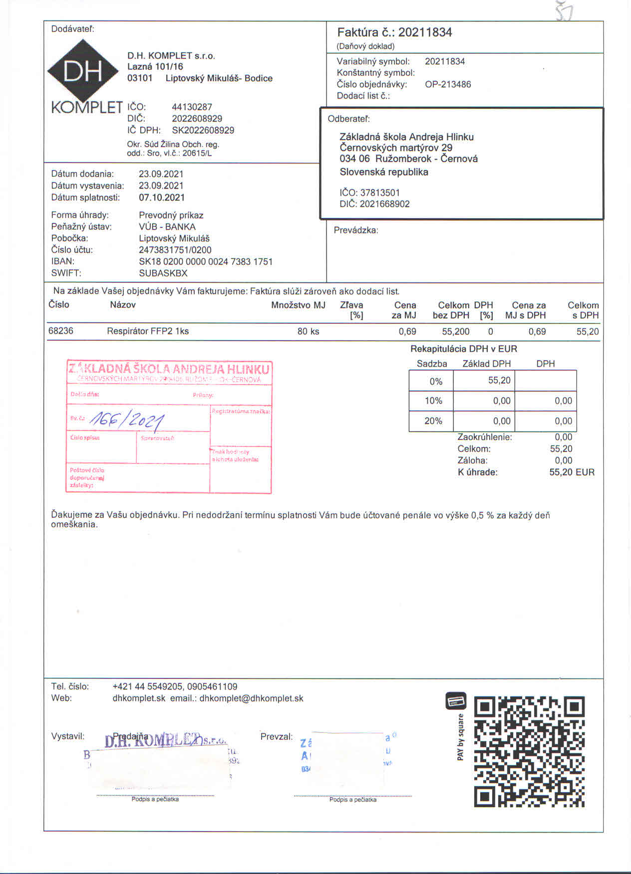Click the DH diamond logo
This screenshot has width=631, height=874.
[x=83, y=71]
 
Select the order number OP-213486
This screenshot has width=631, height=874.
[x=448, y=84]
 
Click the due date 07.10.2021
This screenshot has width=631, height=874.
[x=162, y=198]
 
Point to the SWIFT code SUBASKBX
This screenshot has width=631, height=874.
[x=163, y=273]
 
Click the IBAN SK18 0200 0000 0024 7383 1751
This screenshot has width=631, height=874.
[x=206, y=261]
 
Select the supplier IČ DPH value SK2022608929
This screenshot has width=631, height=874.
[x=203, y=130]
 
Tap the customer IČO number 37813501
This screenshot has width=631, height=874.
[x=380, y=193]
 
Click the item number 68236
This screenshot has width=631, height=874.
[x=61, y=331]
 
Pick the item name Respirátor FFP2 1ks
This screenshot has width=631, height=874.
[x=148, y=331]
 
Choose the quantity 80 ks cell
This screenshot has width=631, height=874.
[x=308, y=331]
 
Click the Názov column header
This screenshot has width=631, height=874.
[x=122, y=305]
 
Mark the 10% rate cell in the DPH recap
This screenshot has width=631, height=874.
[x=433, y=401]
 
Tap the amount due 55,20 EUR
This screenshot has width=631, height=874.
[x=572, y=472]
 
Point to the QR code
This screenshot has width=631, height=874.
[x=529, y=752]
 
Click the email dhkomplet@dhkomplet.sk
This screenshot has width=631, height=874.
[x=251, y=698]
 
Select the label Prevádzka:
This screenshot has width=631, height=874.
[x=356, y=230]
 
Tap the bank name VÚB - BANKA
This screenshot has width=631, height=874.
[x=167, y=227]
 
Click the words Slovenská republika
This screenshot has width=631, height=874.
[x=384, y=172]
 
